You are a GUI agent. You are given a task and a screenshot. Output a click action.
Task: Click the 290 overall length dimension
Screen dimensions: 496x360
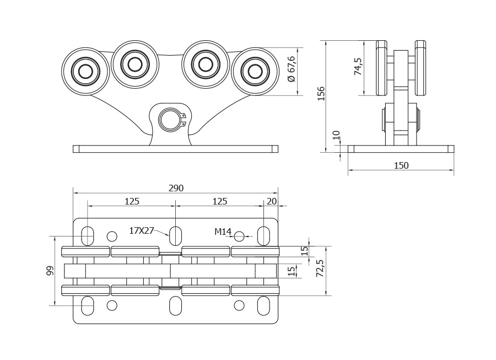click(176, 188)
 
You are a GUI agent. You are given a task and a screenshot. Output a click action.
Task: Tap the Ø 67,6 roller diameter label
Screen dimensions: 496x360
click(292, 69)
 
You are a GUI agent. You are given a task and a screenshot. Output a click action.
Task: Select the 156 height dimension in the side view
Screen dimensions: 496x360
click(321, 93)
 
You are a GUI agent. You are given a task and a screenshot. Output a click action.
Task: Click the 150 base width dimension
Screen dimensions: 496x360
click(401, 165)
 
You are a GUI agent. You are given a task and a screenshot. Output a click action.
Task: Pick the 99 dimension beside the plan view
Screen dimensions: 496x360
click(50, 271)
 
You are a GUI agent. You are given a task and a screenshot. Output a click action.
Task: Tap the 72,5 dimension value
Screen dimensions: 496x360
click(320, 269)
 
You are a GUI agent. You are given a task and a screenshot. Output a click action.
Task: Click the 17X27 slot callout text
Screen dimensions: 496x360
click(142, 230)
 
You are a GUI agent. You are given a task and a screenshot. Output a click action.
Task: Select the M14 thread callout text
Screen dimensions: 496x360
click(223, 232)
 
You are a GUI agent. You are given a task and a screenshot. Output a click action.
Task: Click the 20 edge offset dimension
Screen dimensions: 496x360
click(272, 202)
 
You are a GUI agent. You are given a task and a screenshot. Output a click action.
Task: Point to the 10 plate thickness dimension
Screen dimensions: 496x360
click(336, 135)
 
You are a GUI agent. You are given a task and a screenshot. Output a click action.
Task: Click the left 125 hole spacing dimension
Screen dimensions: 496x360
click(132, 202)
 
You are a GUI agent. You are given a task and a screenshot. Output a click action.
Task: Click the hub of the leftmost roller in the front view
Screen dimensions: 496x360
click(85, 71)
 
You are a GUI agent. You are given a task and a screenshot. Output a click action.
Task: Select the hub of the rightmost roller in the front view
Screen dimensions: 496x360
click(255, 71)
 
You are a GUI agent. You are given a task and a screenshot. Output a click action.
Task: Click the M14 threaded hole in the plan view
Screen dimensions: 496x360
click(239, 236)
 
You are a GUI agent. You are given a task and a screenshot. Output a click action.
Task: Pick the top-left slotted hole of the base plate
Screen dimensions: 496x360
click(88, 236)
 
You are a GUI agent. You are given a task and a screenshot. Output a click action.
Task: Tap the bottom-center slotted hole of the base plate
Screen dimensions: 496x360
click(176, 306)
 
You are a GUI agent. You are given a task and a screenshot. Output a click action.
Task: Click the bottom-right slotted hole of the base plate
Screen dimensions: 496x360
click(263, 306)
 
